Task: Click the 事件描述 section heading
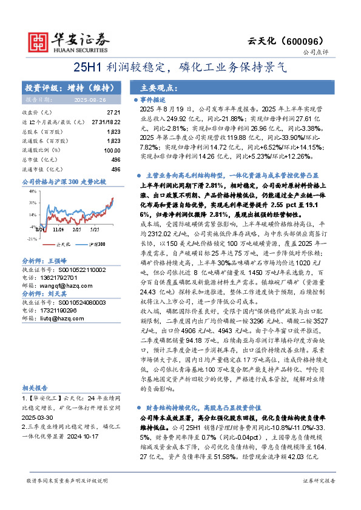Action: click(153, 99)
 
